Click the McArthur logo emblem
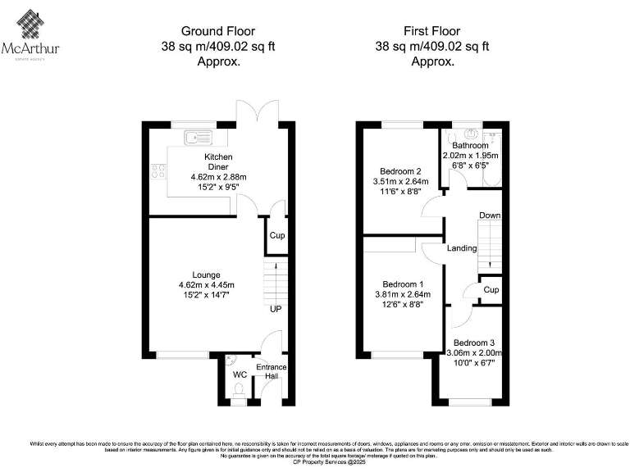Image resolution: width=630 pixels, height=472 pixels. point(30,25)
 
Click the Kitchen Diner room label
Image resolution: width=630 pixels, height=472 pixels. point(218,161)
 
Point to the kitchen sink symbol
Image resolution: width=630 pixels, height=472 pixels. point(198,136)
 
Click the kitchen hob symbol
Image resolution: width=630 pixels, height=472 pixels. point(157,171)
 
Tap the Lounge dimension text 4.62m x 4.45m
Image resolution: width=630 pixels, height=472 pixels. point(206,285)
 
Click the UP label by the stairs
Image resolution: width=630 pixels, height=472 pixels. point(276,310)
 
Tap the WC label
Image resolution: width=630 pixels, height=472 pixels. point(240,374)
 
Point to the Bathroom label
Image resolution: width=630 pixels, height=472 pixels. point(470,146)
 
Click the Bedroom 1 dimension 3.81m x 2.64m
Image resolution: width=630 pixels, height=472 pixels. point(402,295)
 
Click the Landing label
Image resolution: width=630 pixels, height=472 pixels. point(462,247)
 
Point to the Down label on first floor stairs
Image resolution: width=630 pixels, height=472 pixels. point(490,216)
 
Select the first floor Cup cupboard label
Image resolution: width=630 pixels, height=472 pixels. point(491,290)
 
